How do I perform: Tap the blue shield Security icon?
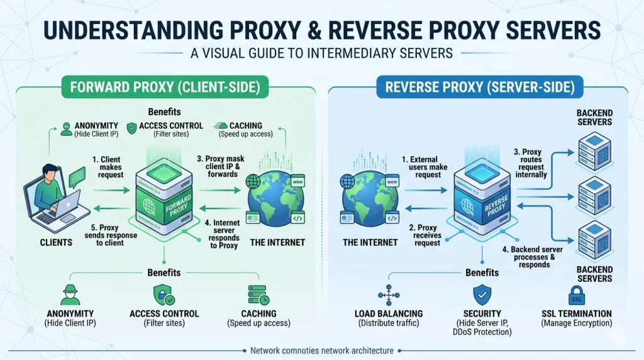481,294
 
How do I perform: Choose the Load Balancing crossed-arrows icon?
388,295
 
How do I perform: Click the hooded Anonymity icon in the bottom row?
70,295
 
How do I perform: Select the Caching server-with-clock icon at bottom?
258,295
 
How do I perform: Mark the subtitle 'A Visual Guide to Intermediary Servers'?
321,53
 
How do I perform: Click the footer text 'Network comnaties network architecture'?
321,351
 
